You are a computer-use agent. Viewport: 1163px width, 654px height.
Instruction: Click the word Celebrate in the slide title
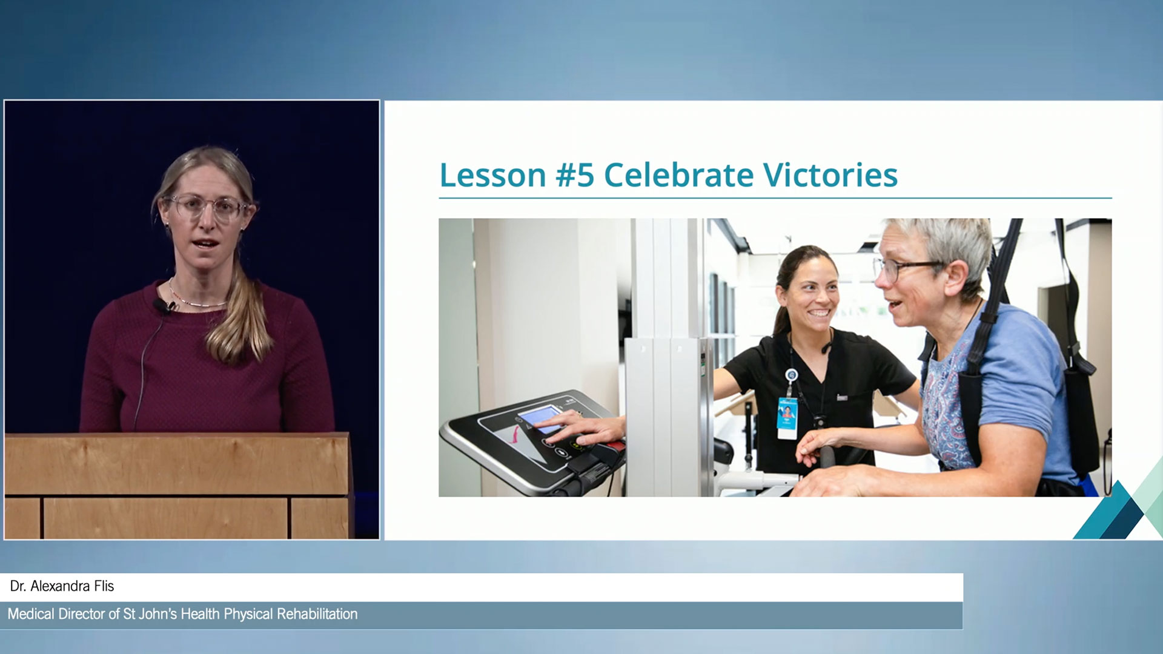(679, 175)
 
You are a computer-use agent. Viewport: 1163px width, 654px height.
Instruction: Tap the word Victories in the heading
(830, 175)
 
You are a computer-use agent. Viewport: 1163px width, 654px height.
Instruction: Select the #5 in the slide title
(575, 176)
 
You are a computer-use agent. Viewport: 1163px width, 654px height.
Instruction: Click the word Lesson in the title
(492, 176)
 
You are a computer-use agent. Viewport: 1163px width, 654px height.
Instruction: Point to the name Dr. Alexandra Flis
(62, 586)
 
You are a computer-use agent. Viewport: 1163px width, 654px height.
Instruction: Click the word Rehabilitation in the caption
(317, 614)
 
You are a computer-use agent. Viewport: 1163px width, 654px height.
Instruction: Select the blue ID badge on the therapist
(787, 418)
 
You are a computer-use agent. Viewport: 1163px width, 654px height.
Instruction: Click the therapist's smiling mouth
(820, 314)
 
